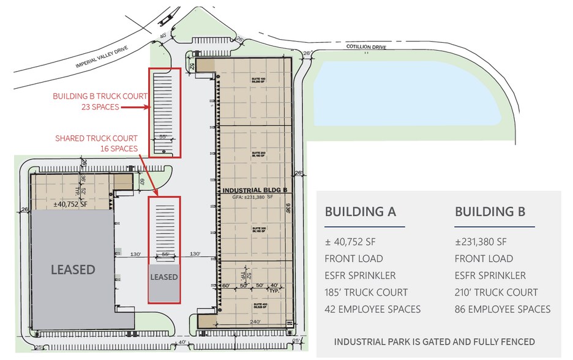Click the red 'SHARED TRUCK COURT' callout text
(96, 138)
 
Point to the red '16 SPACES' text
(119, 149)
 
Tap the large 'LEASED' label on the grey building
(72, 269)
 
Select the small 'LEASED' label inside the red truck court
(164, 277)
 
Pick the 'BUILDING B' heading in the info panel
(490, 212)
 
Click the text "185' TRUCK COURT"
(366, 293)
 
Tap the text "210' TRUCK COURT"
(496, 293)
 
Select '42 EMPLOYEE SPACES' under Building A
(372, 309)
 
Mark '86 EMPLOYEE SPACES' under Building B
(502, 309)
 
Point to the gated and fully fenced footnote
(434, 342)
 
